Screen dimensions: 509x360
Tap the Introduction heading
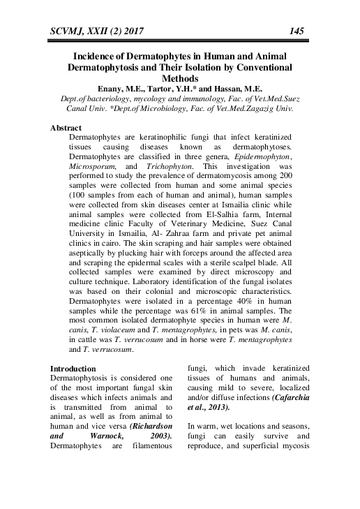point(80,367)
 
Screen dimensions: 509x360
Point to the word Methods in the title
point(180,80)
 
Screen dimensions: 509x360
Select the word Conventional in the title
point(258,68)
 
